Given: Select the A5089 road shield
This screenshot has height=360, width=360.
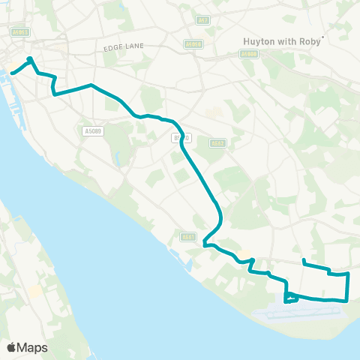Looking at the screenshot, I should point(92,130).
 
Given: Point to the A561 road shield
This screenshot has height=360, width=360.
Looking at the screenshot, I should point(188,237).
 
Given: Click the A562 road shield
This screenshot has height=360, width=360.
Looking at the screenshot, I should point(217,142).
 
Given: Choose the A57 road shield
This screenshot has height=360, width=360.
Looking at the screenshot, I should point(202,19).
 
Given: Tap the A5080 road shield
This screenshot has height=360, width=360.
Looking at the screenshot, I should point(248,54).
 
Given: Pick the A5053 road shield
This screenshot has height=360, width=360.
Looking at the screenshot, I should point(20,32).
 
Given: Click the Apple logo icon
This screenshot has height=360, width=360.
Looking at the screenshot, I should point(11,347).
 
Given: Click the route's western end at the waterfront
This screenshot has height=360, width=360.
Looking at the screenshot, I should point(12,73).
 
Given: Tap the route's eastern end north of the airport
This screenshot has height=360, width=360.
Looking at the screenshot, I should point(303,261).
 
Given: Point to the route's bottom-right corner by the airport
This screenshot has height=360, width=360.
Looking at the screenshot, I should point(347,300).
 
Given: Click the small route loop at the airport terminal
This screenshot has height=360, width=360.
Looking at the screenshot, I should point(291,299).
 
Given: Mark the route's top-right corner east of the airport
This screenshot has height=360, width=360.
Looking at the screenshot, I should point(349,274).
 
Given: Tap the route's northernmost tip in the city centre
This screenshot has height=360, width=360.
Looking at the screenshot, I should point(29,58).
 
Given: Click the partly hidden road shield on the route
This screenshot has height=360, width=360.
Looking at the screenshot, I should point(182,138).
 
